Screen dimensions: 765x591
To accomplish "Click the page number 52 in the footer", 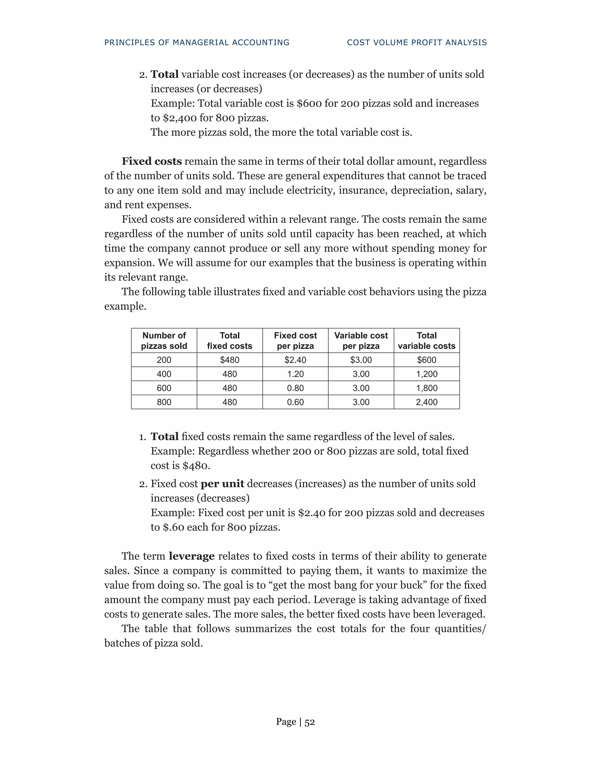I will click(x=310, y=722).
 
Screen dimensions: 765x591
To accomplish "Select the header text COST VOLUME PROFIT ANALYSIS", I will click(x=417, y=42).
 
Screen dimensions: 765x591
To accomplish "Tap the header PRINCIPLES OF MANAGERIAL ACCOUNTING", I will click(x=197, y=42).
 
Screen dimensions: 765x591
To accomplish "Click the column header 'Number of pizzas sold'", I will click(x=164, y=340).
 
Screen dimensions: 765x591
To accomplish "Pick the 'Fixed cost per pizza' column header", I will click(x=295, y=340).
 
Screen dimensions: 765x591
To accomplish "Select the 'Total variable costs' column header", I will click(x=427, y=340).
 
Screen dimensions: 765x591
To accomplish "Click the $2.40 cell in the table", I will click(x=295, y=360).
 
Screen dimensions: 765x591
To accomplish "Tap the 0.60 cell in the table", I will click(x=295, y=402).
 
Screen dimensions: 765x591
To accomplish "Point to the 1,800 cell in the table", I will click(x=427, y=388).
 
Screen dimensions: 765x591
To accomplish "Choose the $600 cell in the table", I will click(x=427, y=360).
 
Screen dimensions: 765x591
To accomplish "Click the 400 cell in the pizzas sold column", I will click(x=164, y=374).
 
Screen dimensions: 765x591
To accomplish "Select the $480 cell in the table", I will click(x=229, y=360).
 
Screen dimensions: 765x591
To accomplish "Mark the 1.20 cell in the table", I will click(x=295, y=374).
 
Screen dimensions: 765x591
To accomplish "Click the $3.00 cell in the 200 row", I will click(x=361, y=360).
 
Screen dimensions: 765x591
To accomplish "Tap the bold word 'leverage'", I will click(x=192, y=556).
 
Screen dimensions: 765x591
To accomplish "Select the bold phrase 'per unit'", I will click(x=222, y=484).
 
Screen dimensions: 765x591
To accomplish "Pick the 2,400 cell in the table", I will click(x=427, y=402).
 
